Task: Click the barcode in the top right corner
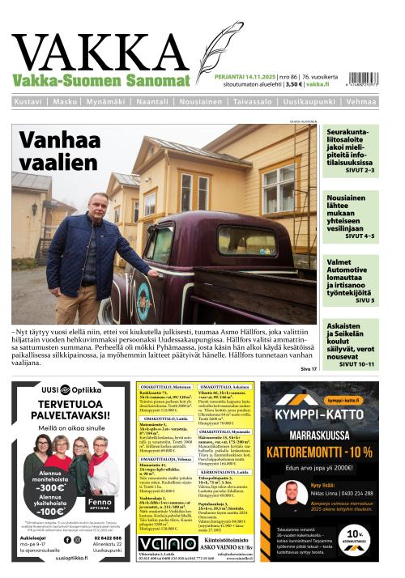(360, 72)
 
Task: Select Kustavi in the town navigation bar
(29, 102)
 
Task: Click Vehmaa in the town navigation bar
(360, 102)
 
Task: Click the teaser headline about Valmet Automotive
(351, 275)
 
